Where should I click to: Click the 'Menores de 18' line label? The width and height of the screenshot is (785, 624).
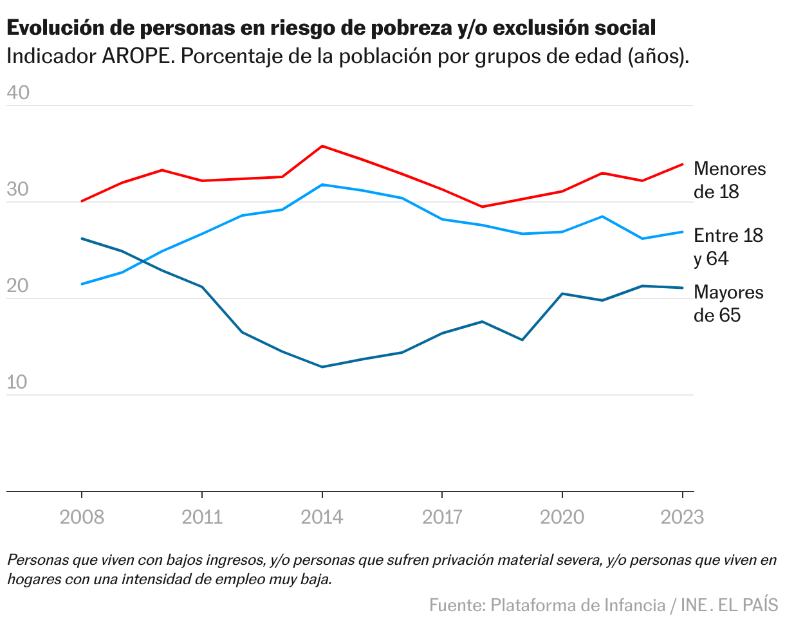[730, 180]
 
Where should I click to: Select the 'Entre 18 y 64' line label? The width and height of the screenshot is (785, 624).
[728, 247]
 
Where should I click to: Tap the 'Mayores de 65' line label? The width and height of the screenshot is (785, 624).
[728, 304]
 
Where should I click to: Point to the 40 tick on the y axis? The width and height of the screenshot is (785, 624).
[18, 93]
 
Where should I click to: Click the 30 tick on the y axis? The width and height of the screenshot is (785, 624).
[18, 191]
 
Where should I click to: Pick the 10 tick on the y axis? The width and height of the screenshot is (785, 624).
[18, 383]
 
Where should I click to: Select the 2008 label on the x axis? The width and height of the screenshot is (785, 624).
[82, 517]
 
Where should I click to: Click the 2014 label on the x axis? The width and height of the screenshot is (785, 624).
[322, 517]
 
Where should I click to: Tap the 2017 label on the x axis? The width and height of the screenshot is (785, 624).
[443, 517]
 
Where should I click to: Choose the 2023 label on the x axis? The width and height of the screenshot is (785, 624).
[682, 517]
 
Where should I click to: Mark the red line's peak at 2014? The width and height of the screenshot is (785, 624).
[322, 146]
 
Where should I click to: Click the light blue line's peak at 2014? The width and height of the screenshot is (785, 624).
[322, 185]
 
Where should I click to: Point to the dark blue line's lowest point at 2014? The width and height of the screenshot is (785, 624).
[322, 367]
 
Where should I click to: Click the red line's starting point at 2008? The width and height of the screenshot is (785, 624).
[82, 201]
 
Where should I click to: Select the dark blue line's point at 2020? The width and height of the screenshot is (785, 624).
[562, 294]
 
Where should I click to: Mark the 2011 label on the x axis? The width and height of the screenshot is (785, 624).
[202, 517]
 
